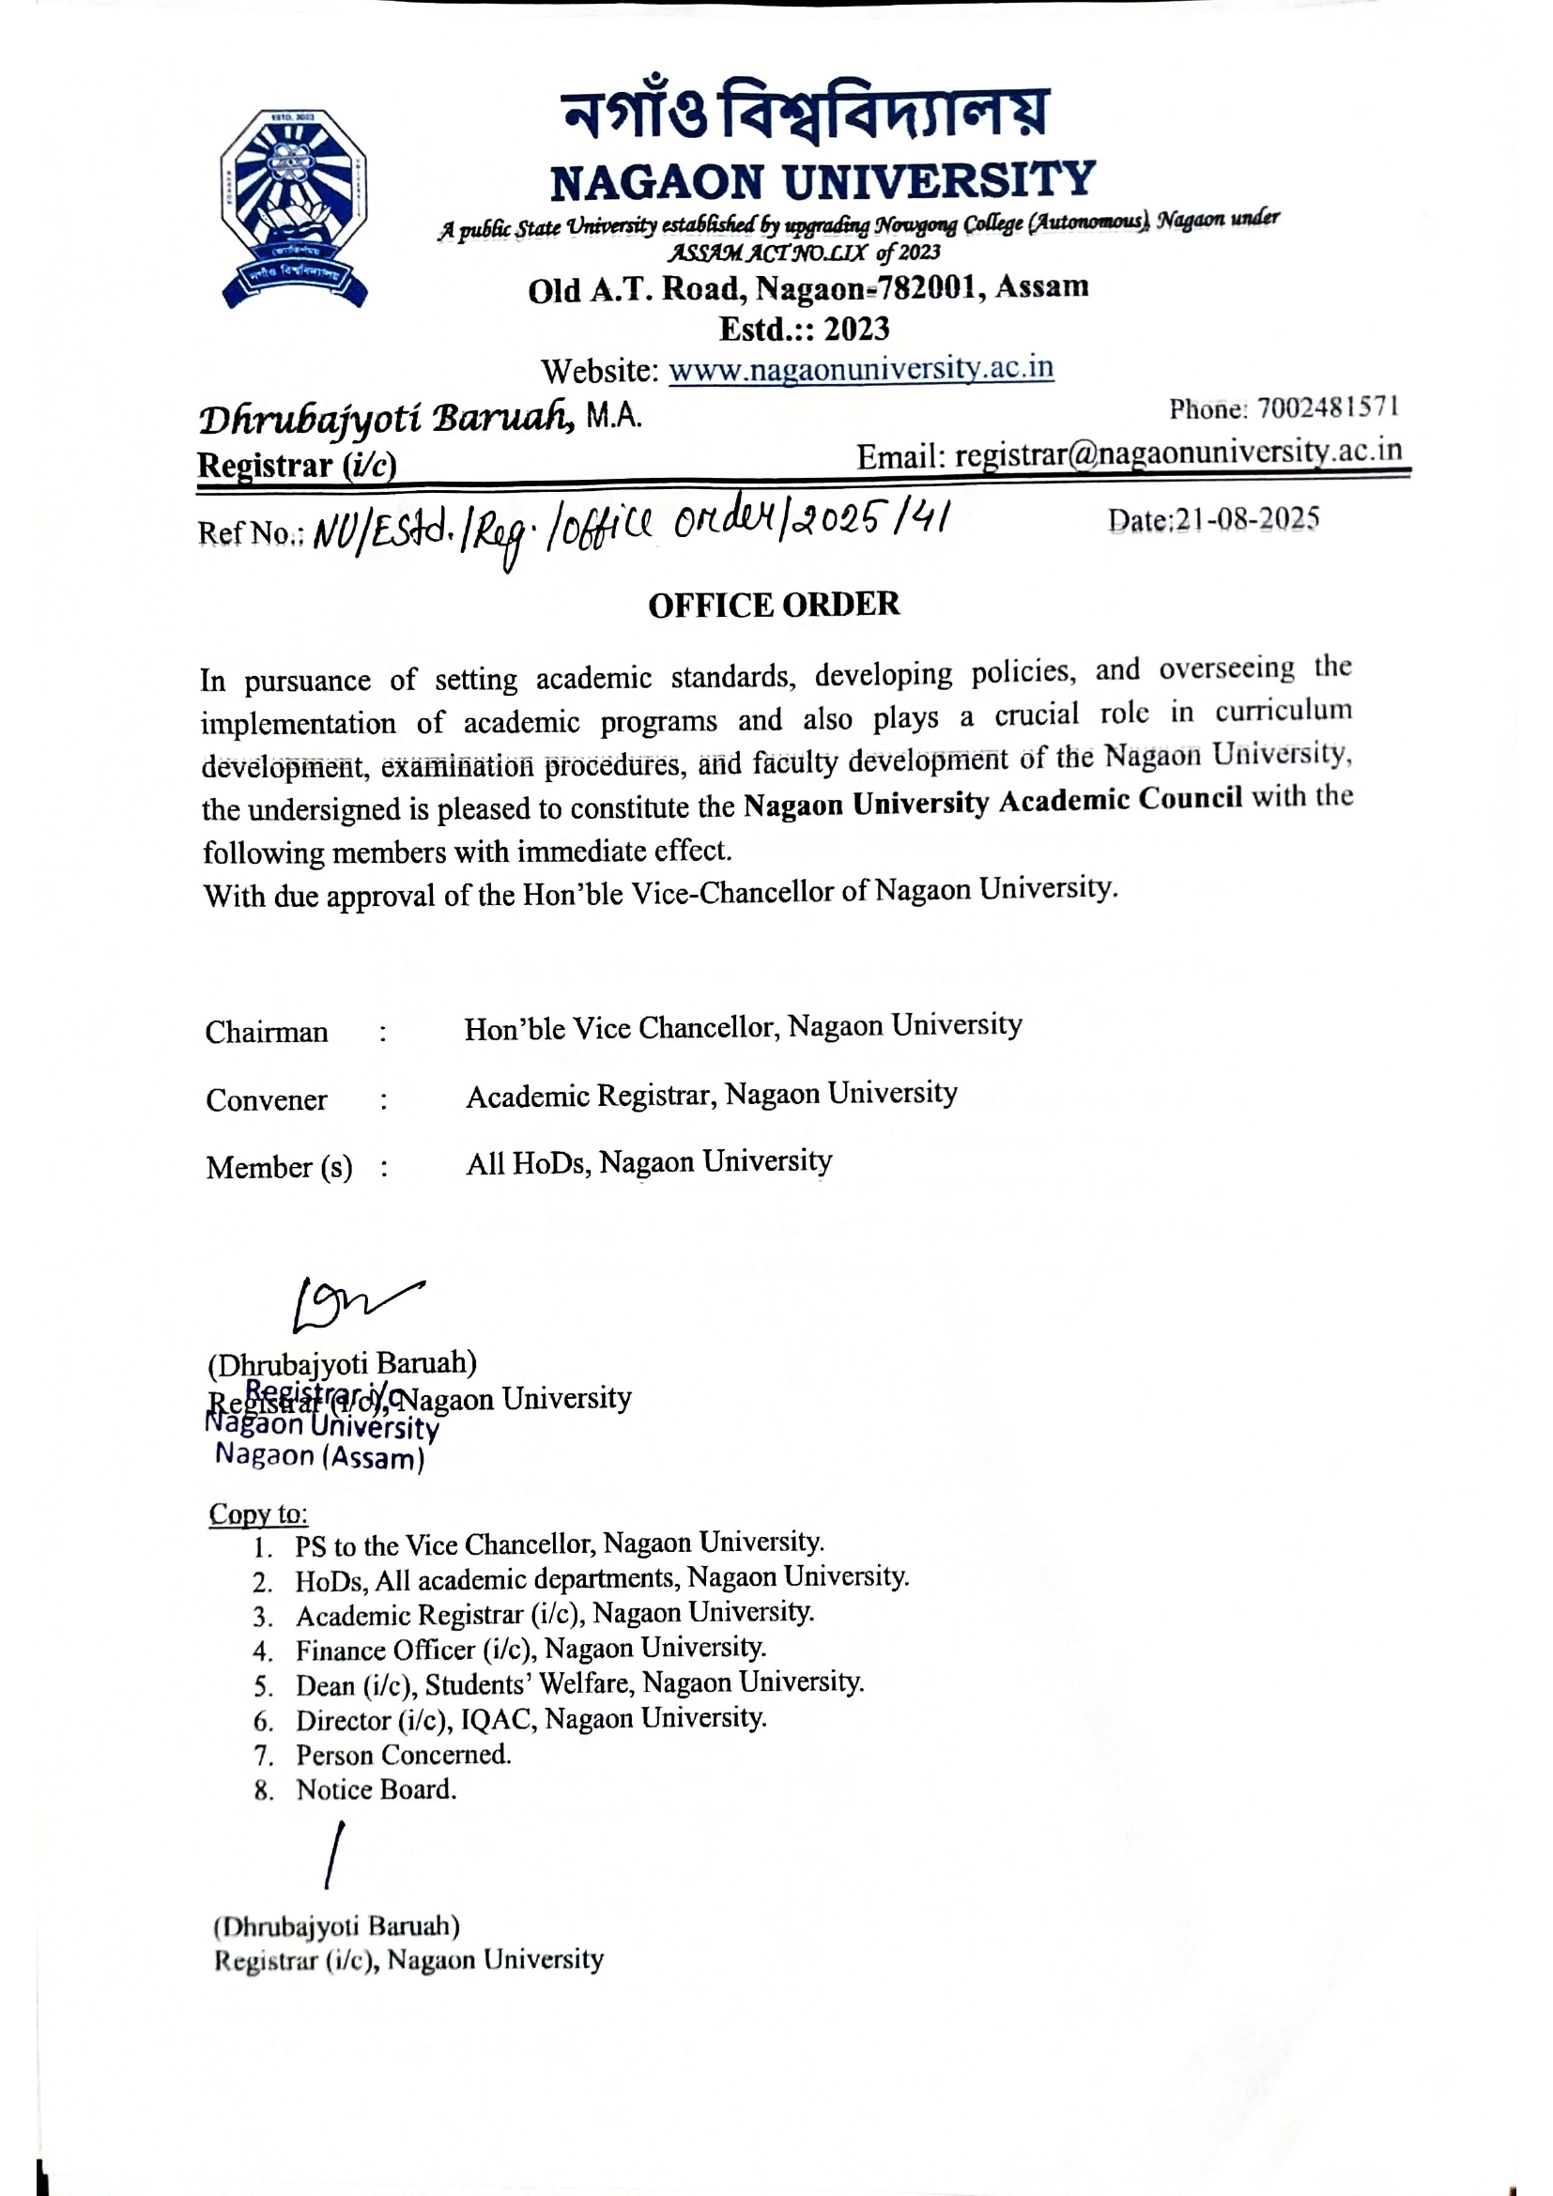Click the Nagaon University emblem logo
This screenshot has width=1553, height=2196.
(x=294, y=207)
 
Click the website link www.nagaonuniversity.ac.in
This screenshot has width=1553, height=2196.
(x=861, y=368)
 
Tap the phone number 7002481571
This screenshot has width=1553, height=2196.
(x=1329, y=408)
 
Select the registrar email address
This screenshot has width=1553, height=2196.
(x=1178, y=453)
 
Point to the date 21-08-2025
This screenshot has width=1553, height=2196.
(x=1247, y=519)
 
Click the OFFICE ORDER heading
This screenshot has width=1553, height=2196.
(x=774, y=605)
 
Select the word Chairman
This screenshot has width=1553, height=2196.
(x=267, y=1032)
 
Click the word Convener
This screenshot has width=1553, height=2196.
(x=267, y=1100)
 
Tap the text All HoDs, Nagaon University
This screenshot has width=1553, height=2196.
(x=649, y=1162)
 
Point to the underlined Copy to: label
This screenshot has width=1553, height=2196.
(x=258, y=1514)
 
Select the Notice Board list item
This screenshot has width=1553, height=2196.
(x=376, y=1789)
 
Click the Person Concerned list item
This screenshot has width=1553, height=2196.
(x=404, y=1755)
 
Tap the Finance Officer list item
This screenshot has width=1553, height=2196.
(x=530, y=1649)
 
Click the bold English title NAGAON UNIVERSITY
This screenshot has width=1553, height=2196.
(x=823, y=181)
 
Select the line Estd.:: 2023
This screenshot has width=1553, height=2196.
(x=805, y=329)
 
